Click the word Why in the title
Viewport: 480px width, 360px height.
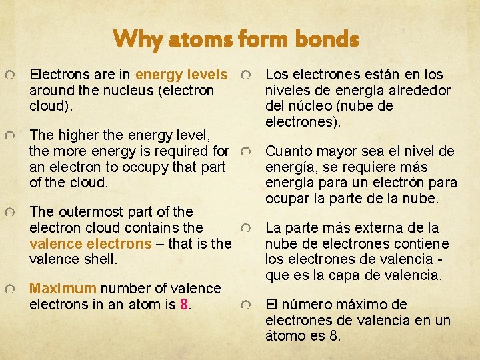click(137, 40)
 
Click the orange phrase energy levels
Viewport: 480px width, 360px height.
click(181, 74)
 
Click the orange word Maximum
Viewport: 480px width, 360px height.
click(63, 289)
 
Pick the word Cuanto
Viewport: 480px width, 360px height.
click(289, 151)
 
